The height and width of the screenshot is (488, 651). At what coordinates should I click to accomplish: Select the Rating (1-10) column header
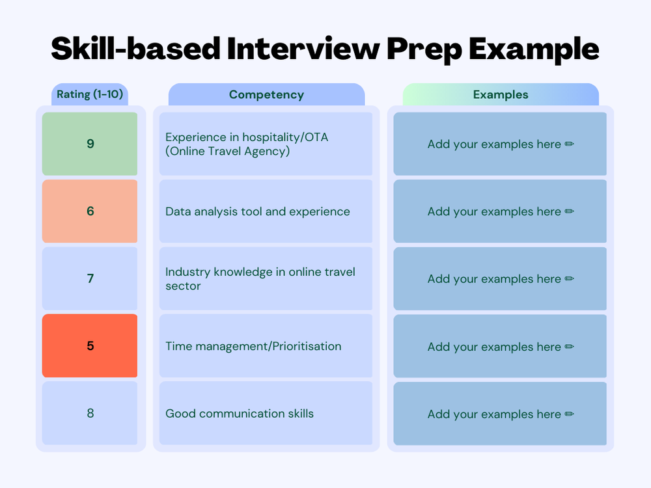[90, 94]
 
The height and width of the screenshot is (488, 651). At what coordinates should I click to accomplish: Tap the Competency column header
[266, 95]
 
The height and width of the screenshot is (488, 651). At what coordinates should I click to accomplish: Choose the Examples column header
[501, 95]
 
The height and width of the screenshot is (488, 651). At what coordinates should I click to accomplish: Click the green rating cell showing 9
[90, 144]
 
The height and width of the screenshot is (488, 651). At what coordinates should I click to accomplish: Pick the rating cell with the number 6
[90, 211]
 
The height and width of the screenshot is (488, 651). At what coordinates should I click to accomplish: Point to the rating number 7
[90, 278]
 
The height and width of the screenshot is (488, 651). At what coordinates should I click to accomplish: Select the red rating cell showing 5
[90, 346]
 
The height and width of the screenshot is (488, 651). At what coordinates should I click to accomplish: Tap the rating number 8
[90, 413]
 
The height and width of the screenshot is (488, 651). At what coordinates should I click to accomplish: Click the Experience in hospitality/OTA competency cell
[266, 144]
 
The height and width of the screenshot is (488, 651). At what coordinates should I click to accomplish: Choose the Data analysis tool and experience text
[258, 211]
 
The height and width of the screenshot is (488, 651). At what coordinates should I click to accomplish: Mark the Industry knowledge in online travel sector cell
[266, 278]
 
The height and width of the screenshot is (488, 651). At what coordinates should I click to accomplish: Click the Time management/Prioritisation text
[253, 346]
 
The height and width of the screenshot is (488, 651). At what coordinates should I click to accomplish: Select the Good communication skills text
[240, 414]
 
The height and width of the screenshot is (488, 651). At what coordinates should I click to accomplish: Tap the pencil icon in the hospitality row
[570, 144]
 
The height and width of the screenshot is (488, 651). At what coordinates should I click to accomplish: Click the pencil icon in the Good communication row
[570, 414]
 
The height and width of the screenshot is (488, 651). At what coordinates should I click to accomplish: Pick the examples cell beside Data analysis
[500, 211]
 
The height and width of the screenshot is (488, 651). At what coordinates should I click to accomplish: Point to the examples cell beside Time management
[500, 346]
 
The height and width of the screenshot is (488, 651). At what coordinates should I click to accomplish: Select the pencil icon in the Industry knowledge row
[570, 278]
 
